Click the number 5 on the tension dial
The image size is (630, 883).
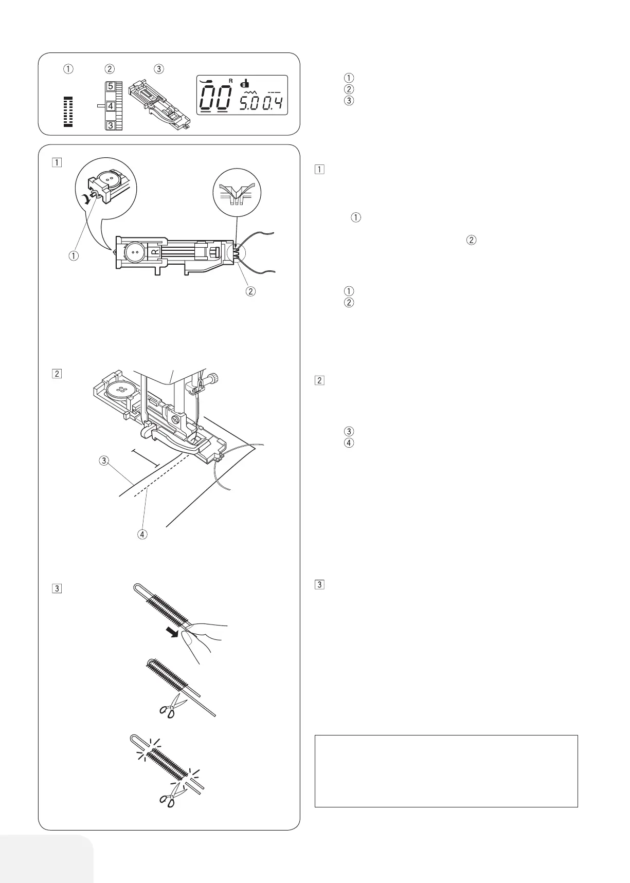pos(111,87)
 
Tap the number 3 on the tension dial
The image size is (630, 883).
pos(111,125)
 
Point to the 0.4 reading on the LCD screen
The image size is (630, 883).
pos(273,105)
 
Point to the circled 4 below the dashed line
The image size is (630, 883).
pos(142,534)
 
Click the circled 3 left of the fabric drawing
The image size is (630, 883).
pos(104,461)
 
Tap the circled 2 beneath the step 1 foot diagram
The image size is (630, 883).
pos(250,291)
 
